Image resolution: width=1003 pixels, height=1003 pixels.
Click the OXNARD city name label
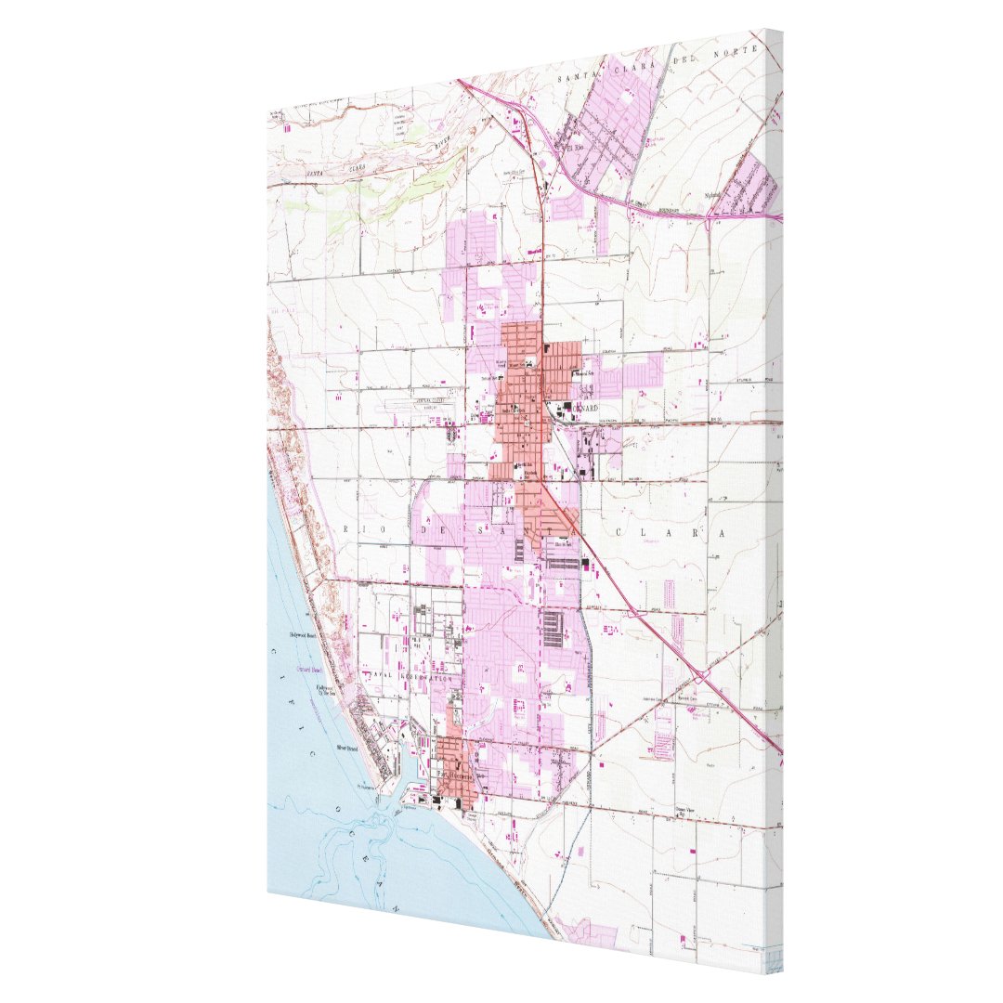click(x=582, y=407)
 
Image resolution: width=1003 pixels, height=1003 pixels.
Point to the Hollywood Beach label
click(x=304, y=635)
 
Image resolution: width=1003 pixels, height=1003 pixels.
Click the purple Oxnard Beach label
click(x=308, y=670)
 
